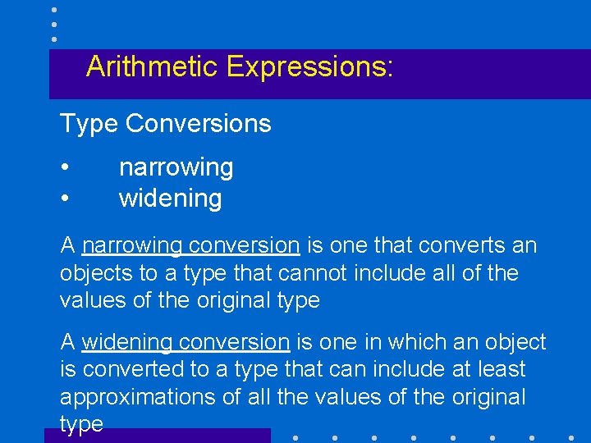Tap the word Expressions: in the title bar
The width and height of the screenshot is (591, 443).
[x=310, y=66]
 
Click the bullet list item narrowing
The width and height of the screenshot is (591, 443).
[x=176, y=167]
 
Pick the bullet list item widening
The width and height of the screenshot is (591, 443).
[x=170, y=199]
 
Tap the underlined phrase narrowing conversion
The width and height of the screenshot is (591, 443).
[x=190, y=245]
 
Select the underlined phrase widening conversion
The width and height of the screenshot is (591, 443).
[x=186, y=342]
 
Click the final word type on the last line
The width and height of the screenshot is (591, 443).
[x=81, y=424]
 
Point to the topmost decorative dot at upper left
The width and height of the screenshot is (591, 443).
[x=53, y=11]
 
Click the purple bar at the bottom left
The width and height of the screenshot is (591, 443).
[x=157, y=436]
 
